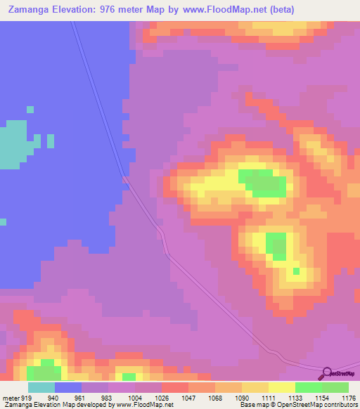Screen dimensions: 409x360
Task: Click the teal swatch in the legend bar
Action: pos(41,387)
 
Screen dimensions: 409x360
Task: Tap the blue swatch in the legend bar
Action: pos(68,387)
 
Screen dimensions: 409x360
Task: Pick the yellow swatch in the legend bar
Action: pos(281,387)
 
